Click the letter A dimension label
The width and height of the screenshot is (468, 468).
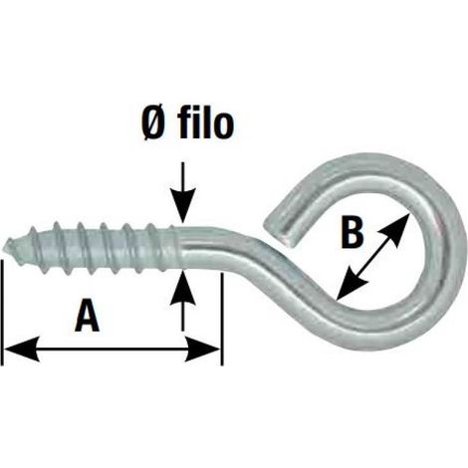[88, 315]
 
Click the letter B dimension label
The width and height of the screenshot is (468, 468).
[352, 232]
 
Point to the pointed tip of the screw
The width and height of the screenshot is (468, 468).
[6, 246]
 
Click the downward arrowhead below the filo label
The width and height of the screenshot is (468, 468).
[182, 206]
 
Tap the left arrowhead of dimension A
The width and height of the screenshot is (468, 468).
[21, 350]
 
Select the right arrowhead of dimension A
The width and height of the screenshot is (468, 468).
[203, 350]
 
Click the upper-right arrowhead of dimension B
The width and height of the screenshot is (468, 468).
[397, 226]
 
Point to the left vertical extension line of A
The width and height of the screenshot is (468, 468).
[3, 313]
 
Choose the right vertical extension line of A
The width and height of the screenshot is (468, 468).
[222, 320]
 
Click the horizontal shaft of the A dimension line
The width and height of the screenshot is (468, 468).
[112, 350]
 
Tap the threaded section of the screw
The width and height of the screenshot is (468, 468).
[90, 247]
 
